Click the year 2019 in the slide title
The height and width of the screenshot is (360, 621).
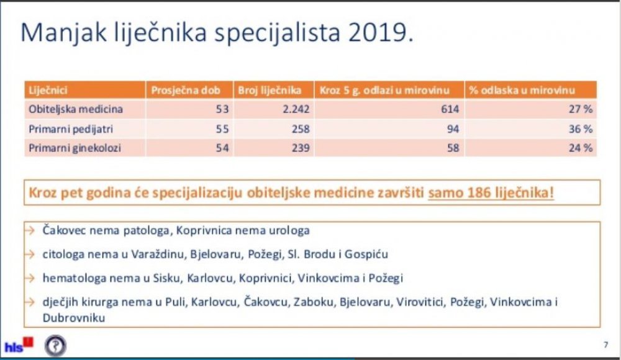381,32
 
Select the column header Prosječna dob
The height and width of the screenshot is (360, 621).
185,90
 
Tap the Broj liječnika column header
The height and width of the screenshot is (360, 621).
270,90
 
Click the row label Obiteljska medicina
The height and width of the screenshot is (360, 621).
76,109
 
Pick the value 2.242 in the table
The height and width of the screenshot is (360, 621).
296,109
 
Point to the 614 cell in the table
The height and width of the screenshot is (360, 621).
450,109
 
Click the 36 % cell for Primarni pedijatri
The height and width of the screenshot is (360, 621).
581,129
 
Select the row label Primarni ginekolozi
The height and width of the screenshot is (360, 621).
75,148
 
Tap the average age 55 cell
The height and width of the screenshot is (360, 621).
222,129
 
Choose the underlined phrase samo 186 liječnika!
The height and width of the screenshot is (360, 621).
491,192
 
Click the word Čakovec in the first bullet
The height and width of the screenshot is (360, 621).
64,230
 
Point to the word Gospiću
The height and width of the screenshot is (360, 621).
366,254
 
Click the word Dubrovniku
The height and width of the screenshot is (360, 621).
74,318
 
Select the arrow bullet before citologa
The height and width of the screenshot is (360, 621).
30,254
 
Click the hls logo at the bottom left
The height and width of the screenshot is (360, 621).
19,345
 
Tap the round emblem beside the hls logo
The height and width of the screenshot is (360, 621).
55,345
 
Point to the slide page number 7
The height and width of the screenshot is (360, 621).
605,345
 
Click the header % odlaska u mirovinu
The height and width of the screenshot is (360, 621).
522,90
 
